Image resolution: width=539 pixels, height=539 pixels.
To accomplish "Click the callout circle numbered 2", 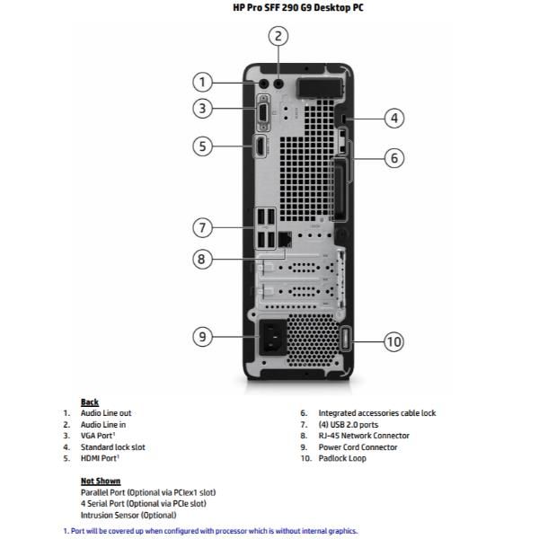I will pos(278,36).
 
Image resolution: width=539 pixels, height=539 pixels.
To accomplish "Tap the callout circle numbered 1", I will pos(204,83).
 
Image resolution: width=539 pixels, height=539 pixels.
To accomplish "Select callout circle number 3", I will pos(204,110).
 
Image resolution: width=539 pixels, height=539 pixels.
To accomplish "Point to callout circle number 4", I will pos(394,118).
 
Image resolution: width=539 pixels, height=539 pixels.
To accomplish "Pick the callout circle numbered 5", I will pos(204,145).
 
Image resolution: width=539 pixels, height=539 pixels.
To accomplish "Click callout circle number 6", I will pos(394,158).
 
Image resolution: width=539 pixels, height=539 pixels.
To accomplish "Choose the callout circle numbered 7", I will pos(204,226).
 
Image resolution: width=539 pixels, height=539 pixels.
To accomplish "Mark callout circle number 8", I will pos(204,259).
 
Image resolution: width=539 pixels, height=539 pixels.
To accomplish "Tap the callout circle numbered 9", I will pos(204,337).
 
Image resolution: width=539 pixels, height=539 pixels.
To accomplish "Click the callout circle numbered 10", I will pos(394,341).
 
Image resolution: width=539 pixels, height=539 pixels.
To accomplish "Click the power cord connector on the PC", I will pos(274,340).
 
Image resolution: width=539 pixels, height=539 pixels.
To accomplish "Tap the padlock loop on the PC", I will pos(349,340).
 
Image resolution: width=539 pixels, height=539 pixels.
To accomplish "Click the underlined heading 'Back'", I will pos(90,402).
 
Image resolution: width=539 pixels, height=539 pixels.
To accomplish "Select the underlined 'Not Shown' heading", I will pos(100,481).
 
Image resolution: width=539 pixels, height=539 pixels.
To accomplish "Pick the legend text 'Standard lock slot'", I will pos(112,446).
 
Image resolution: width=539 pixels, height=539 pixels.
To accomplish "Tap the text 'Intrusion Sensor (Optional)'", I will pos(128,515).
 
